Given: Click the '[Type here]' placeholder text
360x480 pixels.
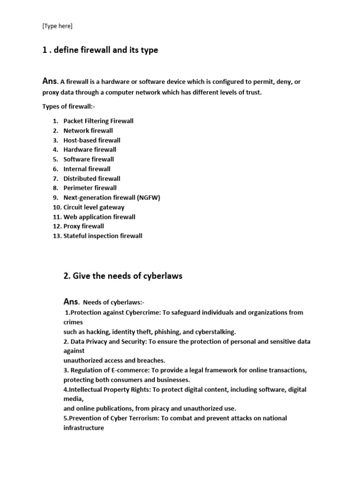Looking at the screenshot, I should (58, 26).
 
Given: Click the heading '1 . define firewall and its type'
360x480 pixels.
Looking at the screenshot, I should (100, 50).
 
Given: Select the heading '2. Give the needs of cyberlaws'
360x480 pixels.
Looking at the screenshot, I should (123, 276).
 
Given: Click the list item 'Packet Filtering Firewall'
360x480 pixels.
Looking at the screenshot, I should (98, 121).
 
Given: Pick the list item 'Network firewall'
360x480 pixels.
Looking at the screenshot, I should (88, 131).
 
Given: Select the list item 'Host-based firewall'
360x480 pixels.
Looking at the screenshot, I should (92, 140).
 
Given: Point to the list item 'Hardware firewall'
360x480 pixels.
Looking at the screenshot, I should (90, 150).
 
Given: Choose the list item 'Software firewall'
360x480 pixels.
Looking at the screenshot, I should (89, 159).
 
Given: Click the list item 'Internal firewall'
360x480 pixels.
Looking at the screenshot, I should (87, 169).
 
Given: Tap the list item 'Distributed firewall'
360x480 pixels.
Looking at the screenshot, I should (92, 179).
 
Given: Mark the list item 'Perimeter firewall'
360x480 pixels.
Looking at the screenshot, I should (90, 188).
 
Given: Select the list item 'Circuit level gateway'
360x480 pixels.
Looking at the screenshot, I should (94, 207).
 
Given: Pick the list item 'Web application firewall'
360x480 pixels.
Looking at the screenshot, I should (99, 217).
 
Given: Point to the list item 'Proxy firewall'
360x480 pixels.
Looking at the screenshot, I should (84, 226).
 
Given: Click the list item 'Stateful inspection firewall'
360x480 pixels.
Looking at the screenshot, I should (103, 236).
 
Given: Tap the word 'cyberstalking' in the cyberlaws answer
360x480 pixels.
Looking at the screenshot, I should (213, 331).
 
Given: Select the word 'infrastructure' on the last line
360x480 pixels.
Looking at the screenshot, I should (83, 428).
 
